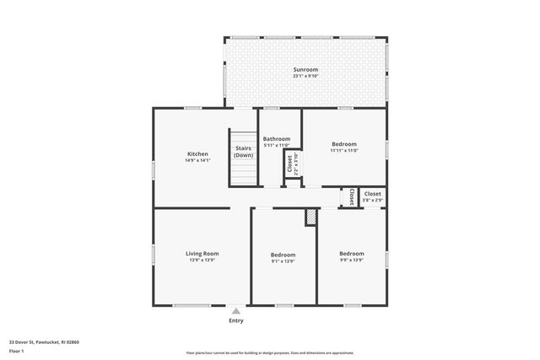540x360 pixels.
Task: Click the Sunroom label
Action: click(305, 69)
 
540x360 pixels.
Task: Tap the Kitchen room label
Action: click(197, 154)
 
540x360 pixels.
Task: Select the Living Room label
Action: click(202, 254)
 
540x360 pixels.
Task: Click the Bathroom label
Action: click(277, 139)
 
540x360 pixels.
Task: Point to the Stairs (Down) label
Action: click(244, 152)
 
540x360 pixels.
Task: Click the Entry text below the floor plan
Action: click(236, 320)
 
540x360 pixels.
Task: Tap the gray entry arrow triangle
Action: click(236, 310)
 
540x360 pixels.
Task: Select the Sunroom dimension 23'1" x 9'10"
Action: click(305, 77)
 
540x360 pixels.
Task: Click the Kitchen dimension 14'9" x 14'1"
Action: click(197, 161)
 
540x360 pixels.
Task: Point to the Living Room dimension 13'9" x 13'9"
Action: click(202, 261)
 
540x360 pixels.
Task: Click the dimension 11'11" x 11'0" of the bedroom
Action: click(344, 151)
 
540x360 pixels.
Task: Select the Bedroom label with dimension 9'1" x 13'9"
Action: click(283, 255)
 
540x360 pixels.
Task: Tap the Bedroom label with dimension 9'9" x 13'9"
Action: click(352, 254)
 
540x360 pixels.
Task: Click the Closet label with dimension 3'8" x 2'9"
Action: click(372, 194)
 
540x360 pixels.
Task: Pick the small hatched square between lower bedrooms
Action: click(310, 217)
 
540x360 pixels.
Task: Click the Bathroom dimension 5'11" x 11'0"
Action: click(277, 146)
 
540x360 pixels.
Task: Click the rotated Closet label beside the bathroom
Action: click(289, 164)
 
